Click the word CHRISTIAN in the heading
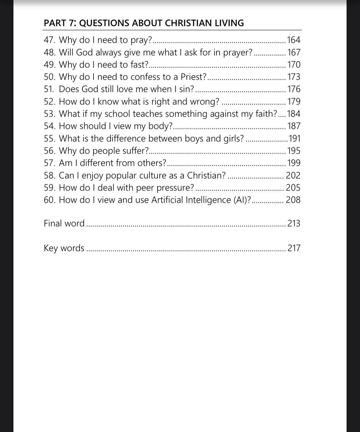[183, 23]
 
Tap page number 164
[294, 40]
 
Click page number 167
[294, 53]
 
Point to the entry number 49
[49, 65]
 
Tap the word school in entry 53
[117, 114]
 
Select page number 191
[295, 139]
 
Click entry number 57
[49, 163]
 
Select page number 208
[293, 200]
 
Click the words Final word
[64, 223]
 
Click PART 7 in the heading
[60, 23]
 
